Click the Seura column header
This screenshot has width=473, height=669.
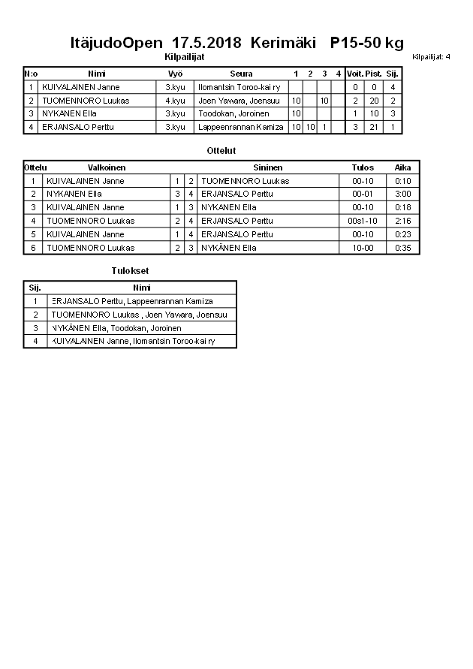pyautogui.click(x=241, y=74)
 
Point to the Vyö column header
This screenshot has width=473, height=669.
pyautogui.click(x=175, y=74)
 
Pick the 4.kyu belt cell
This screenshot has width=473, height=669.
pyautogui.click(x=175, y=101)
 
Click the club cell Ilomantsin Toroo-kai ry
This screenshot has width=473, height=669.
pyautogui.click(x=239, y=87)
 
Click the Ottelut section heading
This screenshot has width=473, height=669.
pyautogui.click(x=221, y=151)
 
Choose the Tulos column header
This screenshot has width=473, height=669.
pyautogui.click(x=363, y=167)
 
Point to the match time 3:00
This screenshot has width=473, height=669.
pyautogui.click(x=402, y=194)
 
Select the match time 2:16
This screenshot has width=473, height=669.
pyautogui.click(x=402, y=221)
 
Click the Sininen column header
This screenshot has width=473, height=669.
pyautogui.click(x=267, y=167)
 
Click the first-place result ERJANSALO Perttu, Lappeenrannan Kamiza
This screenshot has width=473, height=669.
pyautogui.click(x=132, y=301)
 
